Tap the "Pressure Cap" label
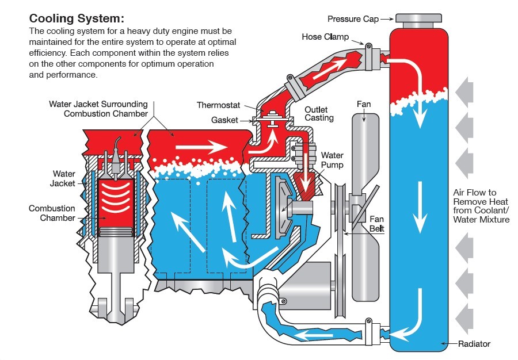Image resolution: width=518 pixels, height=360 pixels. pos(353,19)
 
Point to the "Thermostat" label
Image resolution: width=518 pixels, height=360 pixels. pos(219,105)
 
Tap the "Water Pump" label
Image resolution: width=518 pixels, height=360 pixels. pos(332,160)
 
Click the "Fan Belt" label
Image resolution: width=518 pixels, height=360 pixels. pos(377,224)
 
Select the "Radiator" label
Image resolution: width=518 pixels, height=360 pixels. pos(474,344)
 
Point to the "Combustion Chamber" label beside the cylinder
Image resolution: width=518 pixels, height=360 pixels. pos(52,213)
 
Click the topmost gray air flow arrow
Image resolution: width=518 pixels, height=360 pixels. pos(464,91)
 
